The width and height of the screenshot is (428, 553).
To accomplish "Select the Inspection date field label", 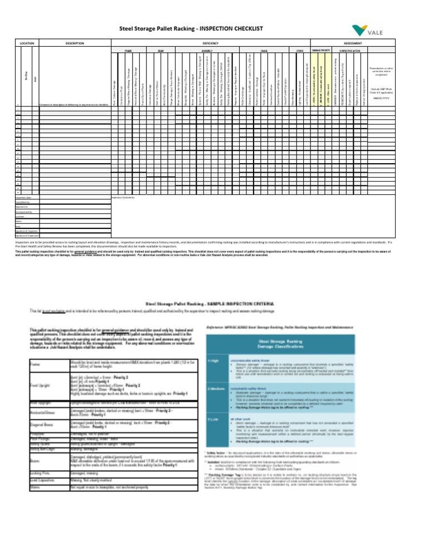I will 23,197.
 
